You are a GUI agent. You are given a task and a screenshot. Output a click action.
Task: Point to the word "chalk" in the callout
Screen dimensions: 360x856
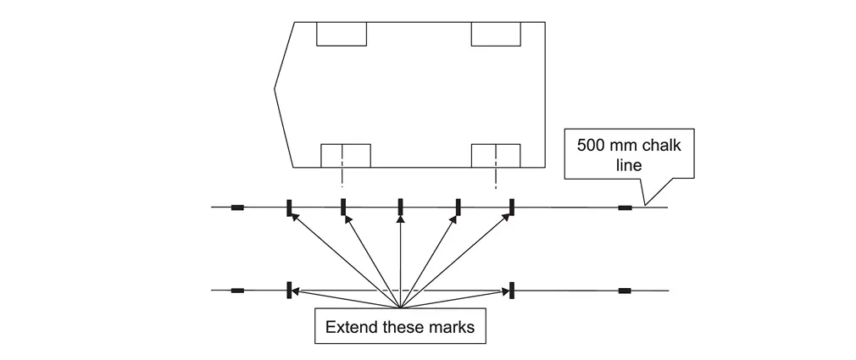coord(664,144)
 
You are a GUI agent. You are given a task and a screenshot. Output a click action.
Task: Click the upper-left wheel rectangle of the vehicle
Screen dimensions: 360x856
coord(342,34)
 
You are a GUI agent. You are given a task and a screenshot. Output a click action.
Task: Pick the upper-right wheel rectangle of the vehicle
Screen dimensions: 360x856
coord(496,34)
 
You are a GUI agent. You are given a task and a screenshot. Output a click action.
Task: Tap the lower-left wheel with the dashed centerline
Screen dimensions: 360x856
coord(346,156)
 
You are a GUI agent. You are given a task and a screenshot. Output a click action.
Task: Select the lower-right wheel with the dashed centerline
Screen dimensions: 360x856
coord(496,156)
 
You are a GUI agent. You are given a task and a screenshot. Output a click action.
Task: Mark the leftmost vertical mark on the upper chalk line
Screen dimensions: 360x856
coord(289,207)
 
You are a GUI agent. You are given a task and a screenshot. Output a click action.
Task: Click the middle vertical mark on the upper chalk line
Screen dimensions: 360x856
coord(400,207)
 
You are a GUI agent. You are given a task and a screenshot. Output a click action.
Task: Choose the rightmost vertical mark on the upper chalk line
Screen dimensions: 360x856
coord(512,207)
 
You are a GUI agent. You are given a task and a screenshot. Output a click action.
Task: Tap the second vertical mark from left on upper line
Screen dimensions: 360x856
coord(343,207)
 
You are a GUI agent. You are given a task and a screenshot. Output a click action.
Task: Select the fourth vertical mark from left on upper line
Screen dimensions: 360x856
coord(458,207)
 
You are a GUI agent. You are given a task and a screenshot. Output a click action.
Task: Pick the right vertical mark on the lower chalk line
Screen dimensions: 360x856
coord(513,290)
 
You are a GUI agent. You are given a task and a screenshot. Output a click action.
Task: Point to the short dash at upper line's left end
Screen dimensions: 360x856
coord(237,207)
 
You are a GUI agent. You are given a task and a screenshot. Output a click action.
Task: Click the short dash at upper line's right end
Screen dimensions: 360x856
coord(625,207)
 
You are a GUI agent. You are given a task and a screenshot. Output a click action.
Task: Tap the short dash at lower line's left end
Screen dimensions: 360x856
coord(237,291)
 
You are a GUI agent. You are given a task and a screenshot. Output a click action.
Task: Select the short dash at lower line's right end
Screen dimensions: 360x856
coord(625,291)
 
